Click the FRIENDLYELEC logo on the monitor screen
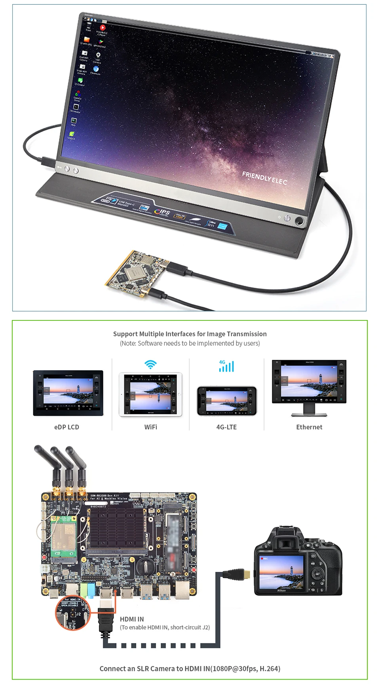click(264, 178)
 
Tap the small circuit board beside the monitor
click(136, 272)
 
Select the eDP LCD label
click(66, 427)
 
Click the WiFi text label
click(150, 427)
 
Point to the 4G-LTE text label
click(226, 427)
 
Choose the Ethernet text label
click(309, 427)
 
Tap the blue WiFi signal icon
click(150, 364)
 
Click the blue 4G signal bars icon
click(226, 366)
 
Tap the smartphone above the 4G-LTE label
click(226, 401)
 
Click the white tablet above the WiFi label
click(150, 394)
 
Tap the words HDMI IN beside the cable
click(132, 619)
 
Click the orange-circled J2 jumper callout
click(73, 613)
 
